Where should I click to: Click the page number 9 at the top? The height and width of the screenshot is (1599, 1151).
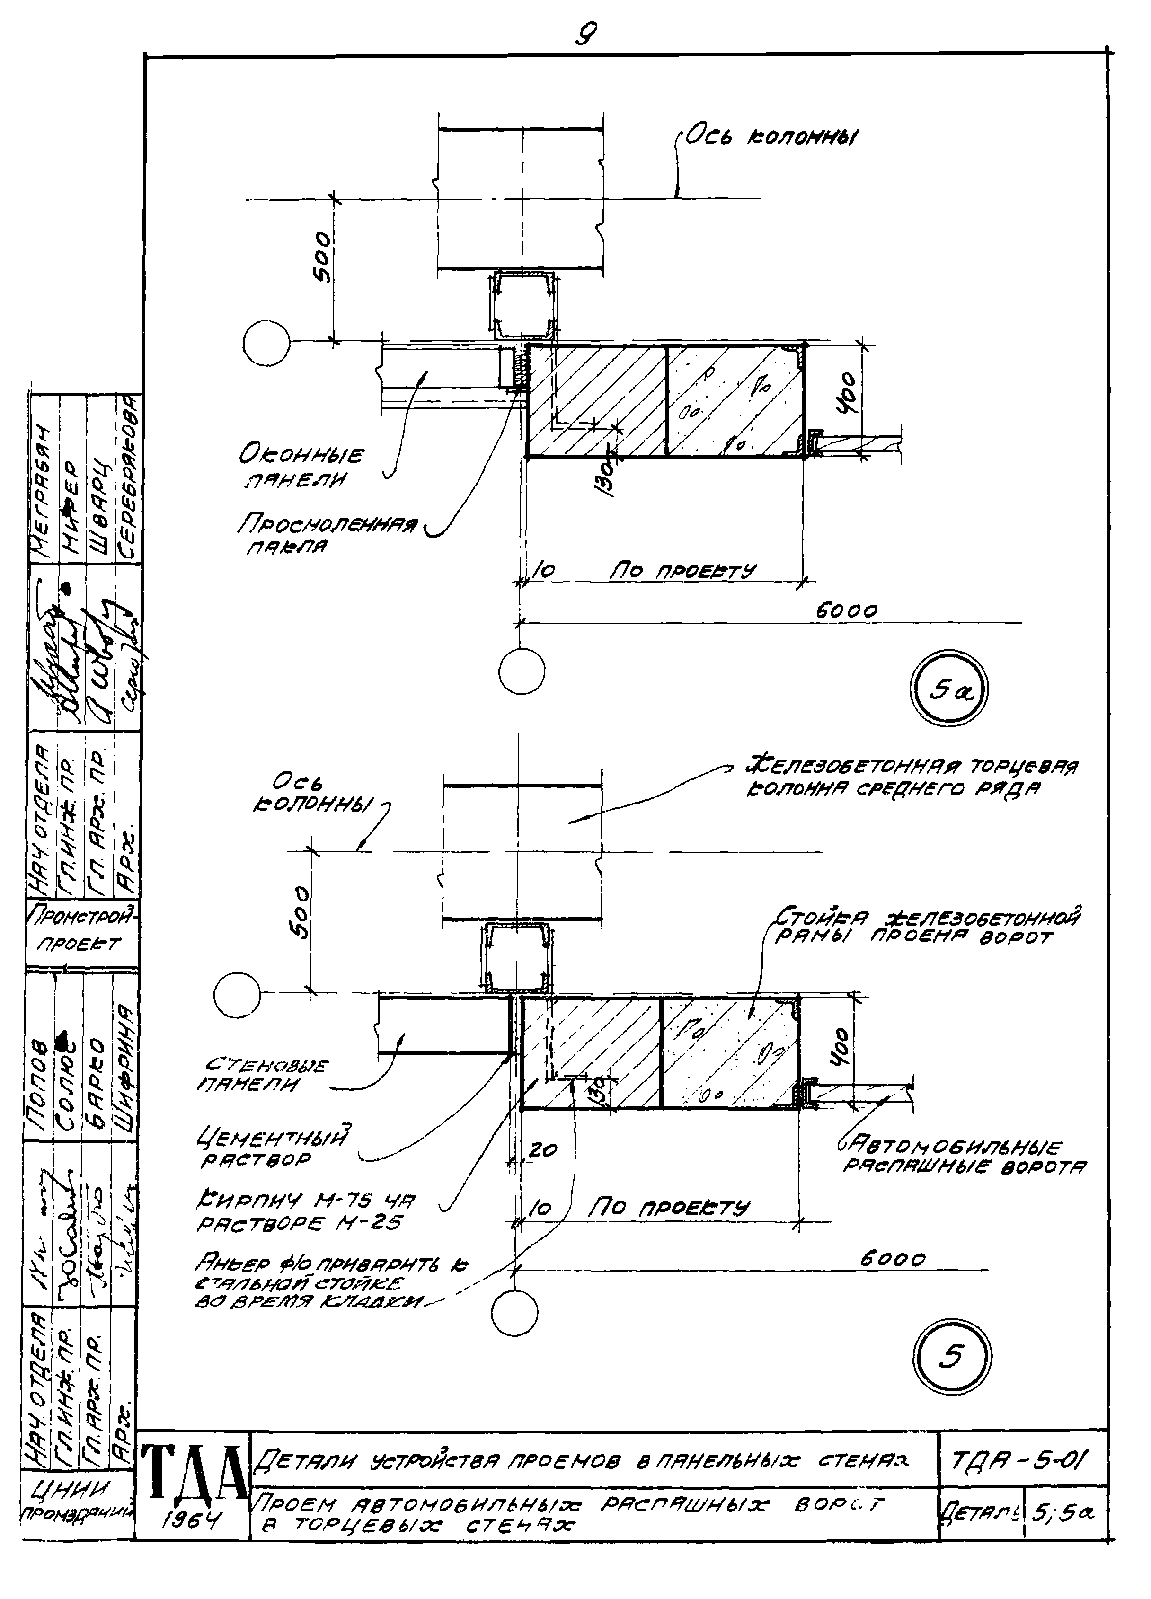[x=585, y=34]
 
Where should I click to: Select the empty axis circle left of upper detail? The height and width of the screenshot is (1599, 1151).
[x=266, y=344]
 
